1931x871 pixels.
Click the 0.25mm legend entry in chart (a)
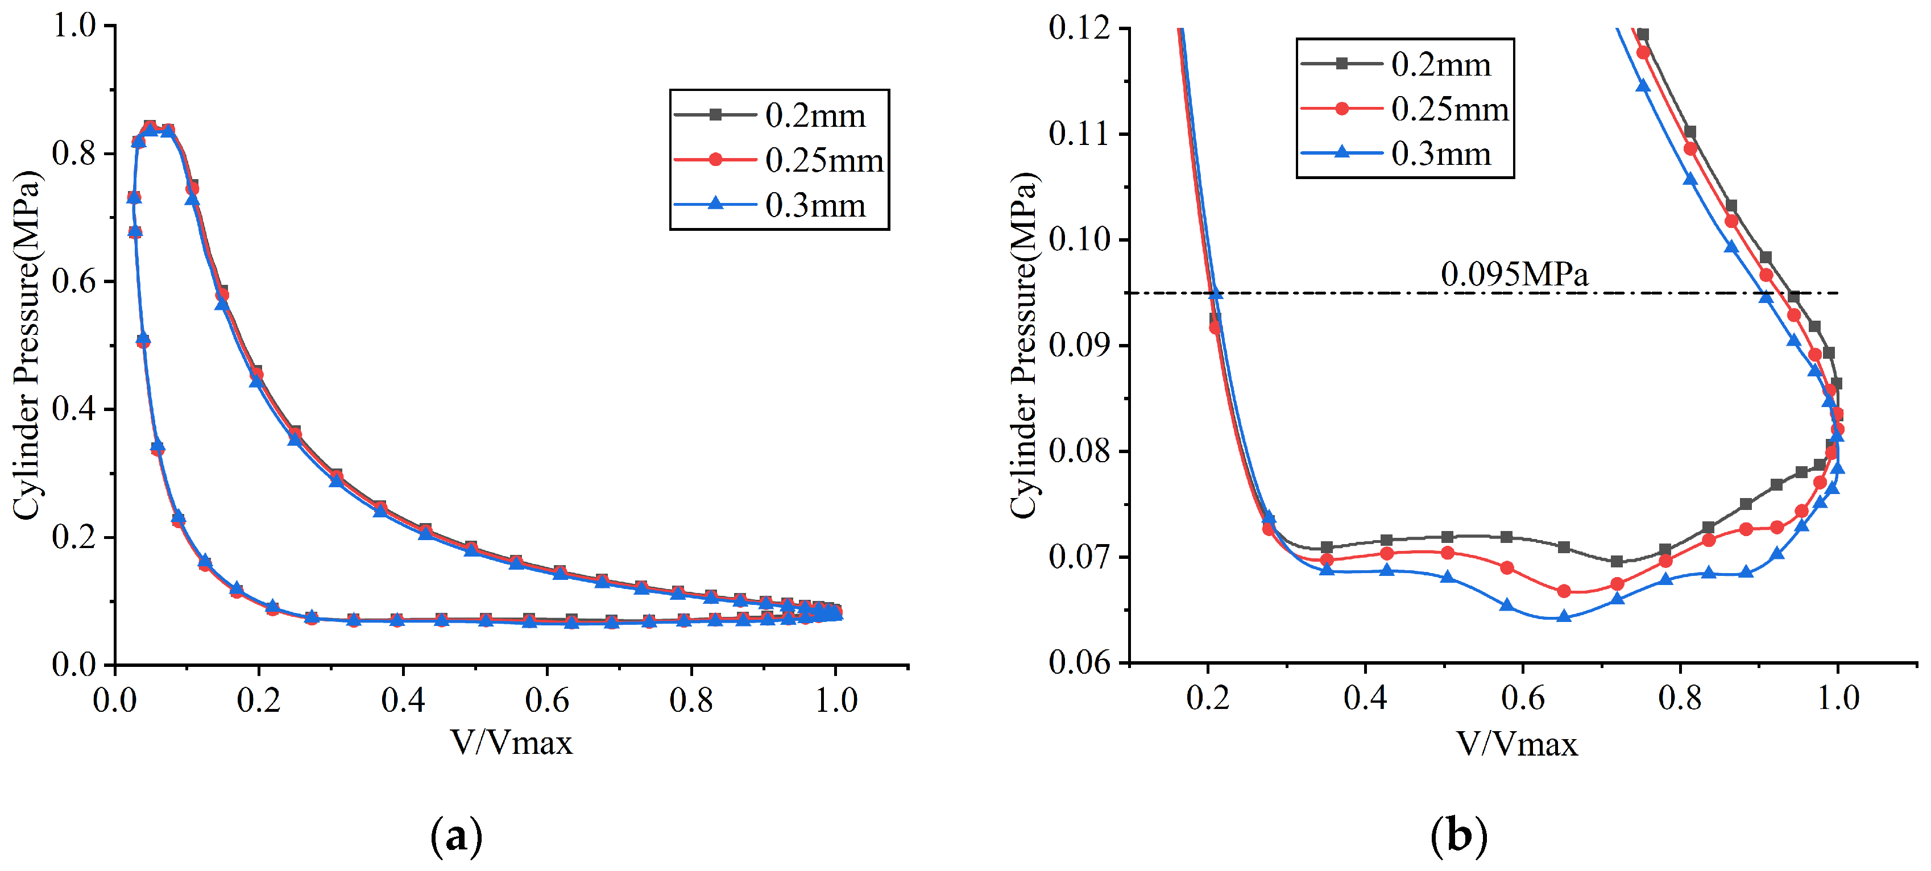click(x=780, y=160)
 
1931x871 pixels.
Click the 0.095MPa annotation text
click(x=1514, y=275)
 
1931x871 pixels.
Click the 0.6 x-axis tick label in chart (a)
click(x=546, y=700)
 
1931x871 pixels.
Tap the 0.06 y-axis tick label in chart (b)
click(x=1079, y=662)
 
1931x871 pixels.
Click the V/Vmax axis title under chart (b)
click(x=1516, y=744)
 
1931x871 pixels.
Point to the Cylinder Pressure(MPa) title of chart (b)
click(x=1023, y=345)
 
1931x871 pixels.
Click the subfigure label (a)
click(x=457, y=835)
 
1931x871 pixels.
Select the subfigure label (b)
click(x=1458, y=835)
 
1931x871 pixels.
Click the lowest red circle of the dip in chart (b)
click(x=1564, y=591)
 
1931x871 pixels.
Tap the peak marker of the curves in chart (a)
click(x=150, y=127)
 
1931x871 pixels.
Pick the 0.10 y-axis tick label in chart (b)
click(x=1079, y=240)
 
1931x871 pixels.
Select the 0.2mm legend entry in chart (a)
click(x=780, y=115)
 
